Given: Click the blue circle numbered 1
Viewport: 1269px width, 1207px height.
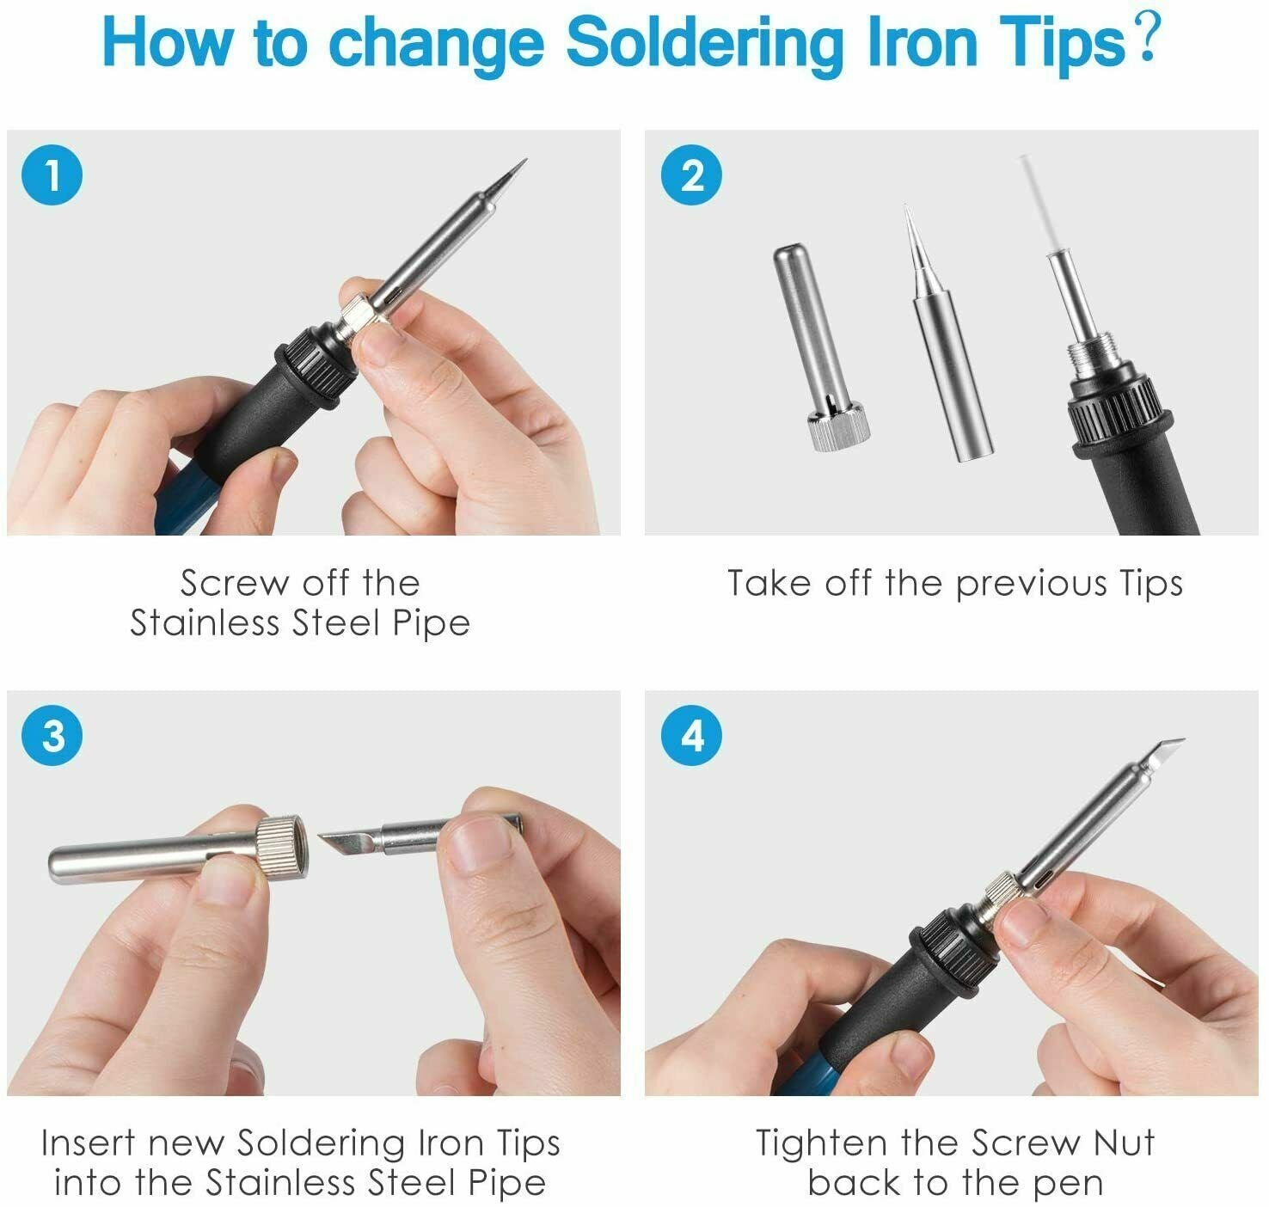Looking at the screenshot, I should click(x=52, y=175).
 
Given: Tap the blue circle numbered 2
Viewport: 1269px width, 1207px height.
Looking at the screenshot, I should click(x=692, y=175).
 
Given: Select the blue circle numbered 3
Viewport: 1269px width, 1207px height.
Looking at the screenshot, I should click(x=52, y=736).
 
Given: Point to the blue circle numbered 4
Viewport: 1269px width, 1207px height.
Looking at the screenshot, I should click(x=692, y=736).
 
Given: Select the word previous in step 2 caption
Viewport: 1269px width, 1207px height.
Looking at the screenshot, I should click(x=1031, y=585).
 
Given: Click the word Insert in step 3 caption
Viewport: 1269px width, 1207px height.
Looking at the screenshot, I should click(x=89, y=1143).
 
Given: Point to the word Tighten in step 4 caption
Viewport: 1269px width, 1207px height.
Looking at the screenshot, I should click(x=820, y=1143).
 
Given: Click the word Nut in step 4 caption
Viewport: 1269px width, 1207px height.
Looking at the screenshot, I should click(x=1124, y=1143).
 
